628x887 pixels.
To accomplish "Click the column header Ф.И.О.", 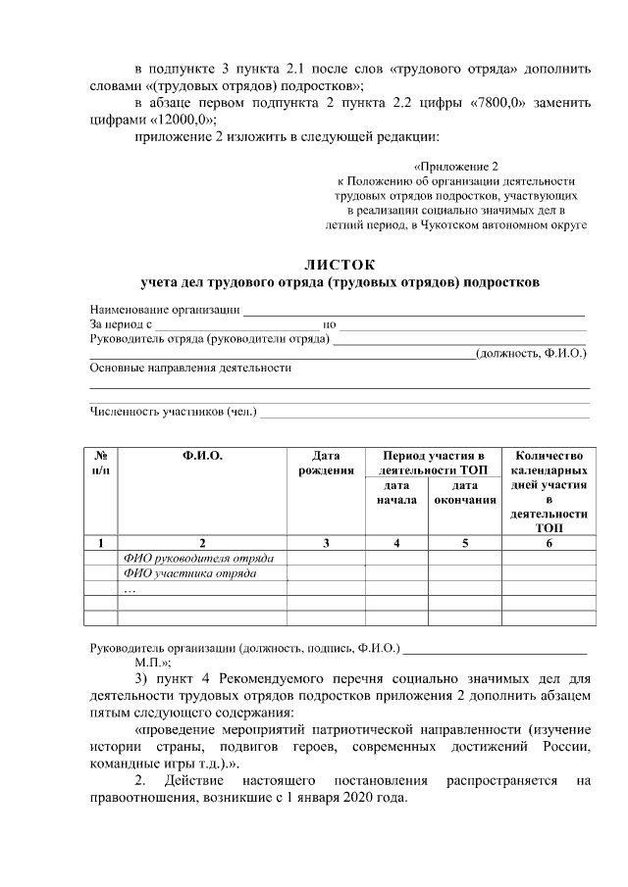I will tap(202, 456).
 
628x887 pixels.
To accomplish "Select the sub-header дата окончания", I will tap(465, 492).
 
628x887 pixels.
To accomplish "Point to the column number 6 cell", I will tap(549, 542).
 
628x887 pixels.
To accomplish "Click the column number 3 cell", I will tap(326, 542).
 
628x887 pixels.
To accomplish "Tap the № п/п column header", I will tap(101, 463).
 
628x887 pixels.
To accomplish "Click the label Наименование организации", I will tap(165, 310).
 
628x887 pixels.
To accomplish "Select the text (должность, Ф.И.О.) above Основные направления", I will tap(530, 353).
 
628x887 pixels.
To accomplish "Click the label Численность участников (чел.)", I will tap(173, 412).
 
